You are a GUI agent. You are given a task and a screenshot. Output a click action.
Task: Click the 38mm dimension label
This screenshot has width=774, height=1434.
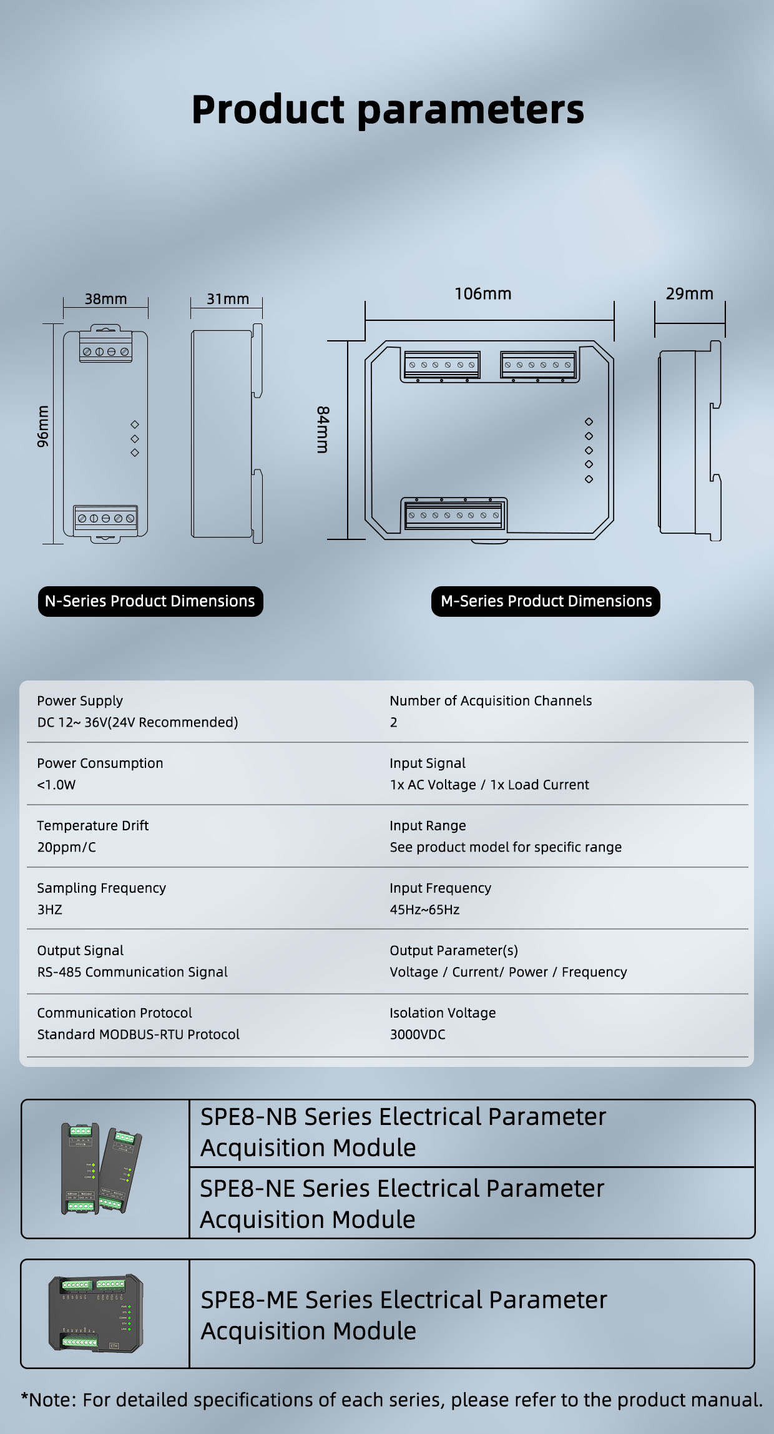coord(105,299)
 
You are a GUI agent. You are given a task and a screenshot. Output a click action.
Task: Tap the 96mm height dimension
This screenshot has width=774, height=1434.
coord(42,426)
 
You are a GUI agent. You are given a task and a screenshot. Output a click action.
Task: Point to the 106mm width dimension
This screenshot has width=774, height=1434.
coord(483,293)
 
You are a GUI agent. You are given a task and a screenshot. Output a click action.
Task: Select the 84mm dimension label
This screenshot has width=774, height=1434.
coord(323,430)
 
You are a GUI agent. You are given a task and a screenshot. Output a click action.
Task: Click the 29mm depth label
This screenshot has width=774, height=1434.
coord(689,293)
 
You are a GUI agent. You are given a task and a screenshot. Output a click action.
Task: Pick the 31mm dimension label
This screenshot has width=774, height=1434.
coord(228,299)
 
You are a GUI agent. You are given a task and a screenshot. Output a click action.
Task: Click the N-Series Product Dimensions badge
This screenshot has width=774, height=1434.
coord(150,601)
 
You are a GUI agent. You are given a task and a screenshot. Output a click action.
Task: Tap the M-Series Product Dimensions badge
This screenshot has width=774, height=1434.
coord(546,601)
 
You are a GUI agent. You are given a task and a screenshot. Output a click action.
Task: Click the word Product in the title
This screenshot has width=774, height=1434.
coord(268,110)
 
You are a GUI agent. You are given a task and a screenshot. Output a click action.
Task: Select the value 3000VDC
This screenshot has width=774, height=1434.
coord(418,1034)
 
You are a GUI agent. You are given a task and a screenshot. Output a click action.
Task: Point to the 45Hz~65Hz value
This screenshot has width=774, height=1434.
coord(424,910)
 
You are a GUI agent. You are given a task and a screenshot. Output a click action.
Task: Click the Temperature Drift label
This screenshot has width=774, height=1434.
coord(92,825)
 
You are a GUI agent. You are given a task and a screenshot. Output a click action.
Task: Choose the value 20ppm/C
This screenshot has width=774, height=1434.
coord(67,847)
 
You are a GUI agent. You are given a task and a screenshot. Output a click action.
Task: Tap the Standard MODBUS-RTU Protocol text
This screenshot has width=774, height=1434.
coord(138,1034)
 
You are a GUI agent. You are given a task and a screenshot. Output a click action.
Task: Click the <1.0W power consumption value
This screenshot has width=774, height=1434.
coord(56,785)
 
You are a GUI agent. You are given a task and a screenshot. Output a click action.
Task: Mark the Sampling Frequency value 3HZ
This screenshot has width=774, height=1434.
coord(50,910)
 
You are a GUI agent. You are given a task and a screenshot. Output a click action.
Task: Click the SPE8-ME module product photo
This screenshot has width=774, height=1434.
coord(96,1314)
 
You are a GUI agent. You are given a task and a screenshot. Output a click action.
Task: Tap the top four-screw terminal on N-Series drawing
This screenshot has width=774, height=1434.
coord(105,350)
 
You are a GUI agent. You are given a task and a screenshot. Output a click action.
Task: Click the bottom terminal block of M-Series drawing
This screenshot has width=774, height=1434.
coord(453,515)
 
